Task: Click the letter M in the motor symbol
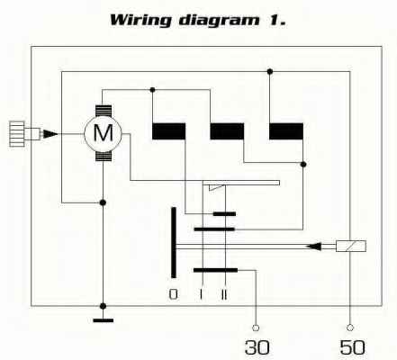click(104, 132)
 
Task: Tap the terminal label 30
click(257, 347)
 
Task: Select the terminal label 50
click(352, 347)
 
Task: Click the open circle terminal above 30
click(256, 328)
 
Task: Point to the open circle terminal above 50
click(350, 328)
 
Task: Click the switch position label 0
click(173, 294)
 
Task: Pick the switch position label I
click(201, 294)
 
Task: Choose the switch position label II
click(224, 294)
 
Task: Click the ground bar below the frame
click(104, 320)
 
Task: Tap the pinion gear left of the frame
click(17, 134)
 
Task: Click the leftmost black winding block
click(168, 131)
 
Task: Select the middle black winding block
click(227, 131)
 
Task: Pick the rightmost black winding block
click(286, 131)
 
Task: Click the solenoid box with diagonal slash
click(351, 247)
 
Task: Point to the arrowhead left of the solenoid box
click(313, 247)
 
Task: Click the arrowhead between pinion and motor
click(50, 134)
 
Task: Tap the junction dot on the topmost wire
click(270, 71)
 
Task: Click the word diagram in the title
click(219, 21)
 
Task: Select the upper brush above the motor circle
click(104, 111)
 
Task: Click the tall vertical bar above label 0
click(174, 242)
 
